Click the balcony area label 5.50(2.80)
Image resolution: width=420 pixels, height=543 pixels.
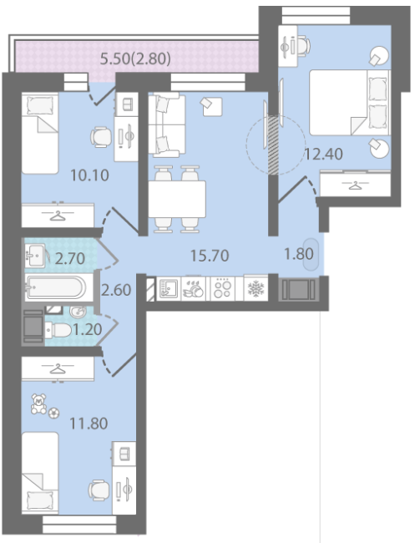tap(135, 58)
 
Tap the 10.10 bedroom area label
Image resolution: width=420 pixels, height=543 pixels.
tap(89, 175)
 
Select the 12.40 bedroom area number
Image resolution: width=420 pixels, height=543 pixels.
tap(323, 154)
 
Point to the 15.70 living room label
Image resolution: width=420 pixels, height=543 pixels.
tap(210, 256)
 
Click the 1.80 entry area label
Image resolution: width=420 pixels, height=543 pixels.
tap(299, 254)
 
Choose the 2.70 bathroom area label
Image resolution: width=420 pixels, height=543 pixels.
tap(70, 258)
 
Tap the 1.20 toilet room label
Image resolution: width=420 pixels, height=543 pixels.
tap(88, 329)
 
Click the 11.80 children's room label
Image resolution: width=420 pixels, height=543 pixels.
tap(89, 424)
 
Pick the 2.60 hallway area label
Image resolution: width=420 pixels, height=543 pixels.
tap(116, 290)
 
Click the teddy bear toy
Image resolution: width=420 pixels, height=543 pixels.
tap(38, 403)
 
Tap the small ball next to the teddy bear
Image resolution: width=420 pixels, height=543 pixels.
tap(53, 414)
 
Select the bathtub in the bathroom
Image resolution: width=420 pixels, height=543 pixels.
tap(55, 287)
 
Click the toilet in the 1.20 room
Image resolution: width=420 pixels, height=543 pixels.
tap(58, 330)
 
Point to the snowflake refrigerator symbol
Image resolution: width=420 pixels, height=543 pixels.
tap(256, 287)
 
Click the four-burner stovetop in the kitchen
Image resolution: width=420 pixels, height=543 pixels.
tap(222, 288)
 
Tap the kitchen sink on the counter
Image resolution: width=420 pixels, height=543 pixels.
tap(169, 288)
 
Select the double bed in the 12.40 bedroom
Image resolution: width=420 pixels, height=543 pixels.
tap(350, 103)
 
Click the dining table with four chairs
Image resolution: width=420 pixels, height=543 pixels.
tap(177, 199)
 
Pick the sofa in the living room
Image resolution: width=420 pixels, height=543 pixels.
tap(167, 124)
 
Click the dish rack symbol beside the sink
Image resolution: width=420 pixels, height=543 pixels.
tap(194, 288)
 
